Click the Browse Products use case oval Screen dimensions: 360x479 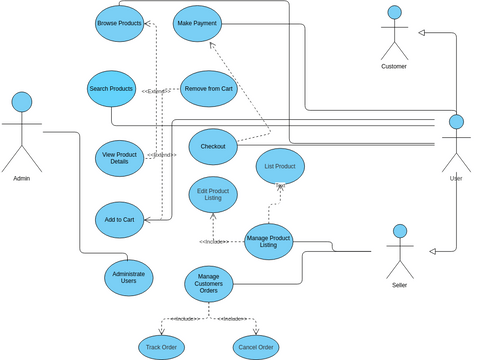click(119, 23)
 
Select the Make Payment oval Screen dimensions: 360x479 click(196, 23)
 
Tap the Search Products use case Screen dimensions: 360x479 click(111, 89)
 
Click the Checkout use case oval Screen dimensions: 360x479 click(212, 146)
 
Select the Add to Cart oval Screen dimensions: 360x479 click(120, 219)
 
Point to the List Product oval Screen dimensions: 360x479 click(279, 166)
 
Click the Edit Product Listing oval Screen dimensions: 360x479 click(213, 194)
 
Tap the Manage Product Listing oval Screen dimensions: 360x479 click(269, 241)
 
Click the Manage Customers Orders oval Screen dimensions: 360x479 click(208, 283)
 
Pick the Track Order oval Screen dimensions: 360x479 click(161, 347)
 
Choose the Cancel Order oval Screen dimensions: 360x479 click(256, 347)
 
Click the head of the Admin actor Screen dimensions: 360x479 click(21, 101)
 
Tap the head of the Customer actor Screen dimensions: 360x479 click(394, 14)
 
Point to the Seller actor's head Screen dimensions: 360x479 click(400, 232)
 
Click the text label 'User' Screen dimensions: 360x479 click(456, 178)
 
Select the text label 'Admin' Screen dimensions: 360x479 click(21, 178)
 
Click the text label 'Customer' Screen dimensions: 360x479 click(394, 66)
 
